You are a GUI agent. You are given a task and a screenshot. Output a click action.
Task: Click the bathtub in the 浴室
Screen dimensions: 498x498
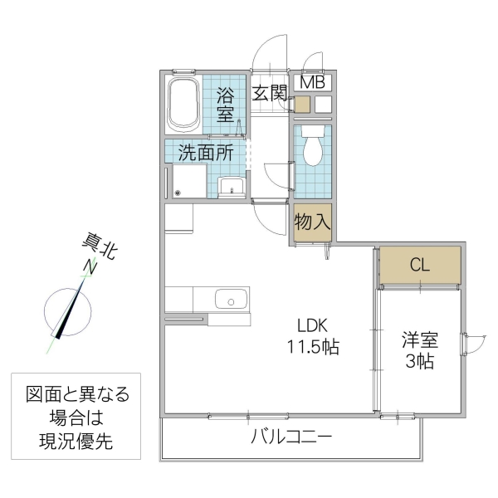(x=183, y=105)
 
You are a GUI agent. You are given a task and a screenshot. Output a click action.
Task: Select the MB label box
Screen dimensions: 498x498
(x=312, y=81)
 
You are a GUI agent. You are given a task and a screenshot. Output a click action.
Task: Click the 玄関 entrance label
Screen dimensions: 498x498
(x=270, y=92)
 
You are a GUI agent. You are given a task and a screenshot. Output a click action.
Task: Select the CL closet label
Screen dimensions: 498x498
(x=420, y=266)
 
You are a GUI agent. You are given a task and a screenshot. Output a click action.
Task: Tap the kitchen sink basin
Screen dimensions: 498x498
(x=230, y=298)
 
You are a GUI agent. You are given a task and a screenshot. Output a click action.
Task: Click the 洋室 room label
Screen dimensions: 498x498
(x=421, y=339)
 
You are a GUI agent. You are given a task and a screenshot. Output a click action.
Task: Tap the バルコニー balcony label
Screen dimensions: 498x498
(x=291, y=436)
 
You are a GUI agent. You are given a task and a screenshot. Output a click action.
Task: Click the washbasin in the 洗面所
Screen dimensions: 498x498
(x=230, y=187)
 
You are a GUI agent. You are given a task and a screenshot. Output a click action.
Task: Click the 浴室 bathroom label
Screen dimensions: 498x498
(x=226, y=105)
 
